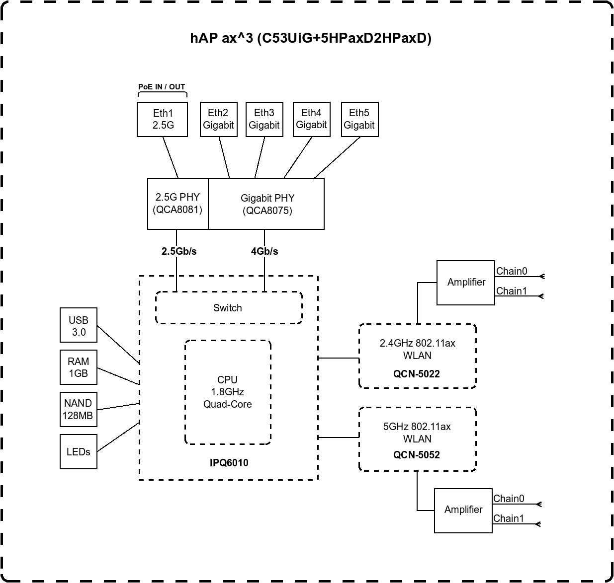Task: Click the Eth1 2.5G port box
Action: point(163,119)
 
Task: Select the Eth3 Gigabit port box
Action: point(264,119)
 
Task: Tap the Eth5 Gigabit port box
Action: point(359,119)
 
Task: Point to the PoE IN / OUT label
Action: point(162,87)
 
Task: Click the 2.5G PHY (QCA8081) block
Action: point(177,204)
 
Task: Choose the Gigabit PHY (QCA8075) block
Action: point(267,204)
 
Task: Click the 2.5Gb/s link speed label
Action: point(179,251)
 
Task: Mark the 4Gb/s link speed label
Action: point(264,251)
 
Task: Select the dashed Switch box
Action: point(228,308)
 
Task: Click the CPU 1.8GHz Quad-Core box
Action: point(228,392)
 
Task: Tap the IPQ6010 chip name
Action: point(229,463)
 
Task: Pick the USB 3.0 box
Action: point(79,326)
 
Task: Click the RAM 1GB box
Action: point(79,367)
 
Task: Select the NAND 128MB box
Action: point(78,409)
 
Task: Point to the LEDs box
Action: point(79,452)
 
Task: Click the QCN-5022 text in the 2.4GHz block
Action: point(417,374)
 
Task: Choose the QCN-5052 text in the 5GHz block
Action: point(417,455)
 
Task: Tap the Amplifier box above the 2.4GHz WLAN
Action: point(466,282)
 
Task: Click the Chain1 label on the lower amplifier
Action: point(509,518)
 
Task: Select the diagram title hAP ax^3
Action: point(311,38)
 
